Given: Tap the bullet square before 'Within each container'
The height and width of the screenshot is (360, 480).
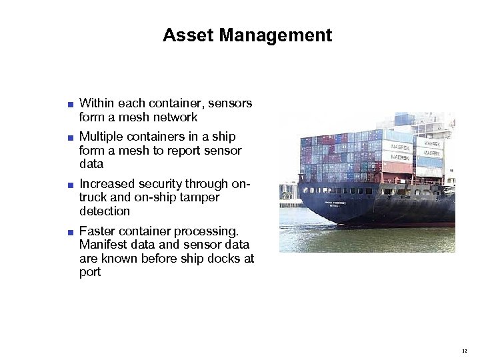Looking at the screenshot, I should (x=70, y=104).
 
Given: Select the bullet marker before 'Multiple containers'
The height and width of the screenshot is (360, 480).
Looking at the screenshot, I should (x=70, y=137).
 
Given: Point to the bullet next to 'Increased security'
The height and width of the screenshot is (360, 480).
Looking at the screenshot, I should (x=70, y=184).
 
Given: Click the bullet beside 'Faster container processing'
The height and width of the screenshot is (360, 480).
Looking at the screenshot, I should (x=70, y=232).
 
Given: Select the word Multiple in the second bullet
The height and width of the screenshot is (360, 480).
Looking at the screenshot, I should (x=101, y=137).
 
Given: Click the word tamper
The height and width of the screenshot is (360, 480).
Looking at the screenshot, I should (x=199, y=197).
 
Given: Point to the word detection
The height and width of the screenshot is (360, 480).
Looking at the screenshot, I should (x=104, y=211).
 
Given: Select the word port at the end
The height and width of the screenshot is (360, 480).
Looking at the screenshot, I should (x=90, y=272).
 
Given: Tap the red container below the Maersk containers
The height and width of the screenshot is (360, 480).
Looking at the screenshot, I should (x=397, y=167).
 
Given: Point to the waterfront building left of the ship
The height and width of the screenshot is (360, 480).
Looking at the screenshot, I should (x=288, y=193).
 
